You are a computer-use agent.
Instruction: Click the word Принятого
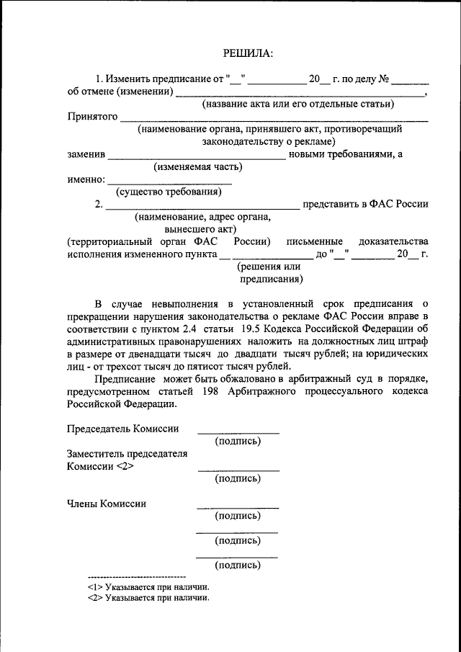tap(93, 117)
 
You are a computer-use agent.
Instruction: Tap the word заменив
tap(86, 154)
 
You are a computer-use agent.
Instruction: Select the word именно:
tap(86, 179)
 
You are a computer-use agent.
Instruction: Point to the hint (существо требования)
tap(169, 192)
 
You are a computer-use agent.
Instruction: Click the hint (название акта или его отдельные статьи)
tap(297, 104)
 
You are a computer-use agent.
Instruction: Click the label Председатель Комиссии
tap(122, 429)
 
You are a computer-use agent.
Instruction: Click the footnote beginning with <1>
tap(148, 587)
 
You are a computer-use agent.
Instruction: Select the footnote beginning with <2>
tap(148, 598)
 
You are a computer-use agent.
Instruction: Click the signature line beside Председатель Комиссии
tap(238, 432)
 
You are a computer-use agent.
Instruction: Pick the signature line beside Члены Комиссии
tap(238, 508)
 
